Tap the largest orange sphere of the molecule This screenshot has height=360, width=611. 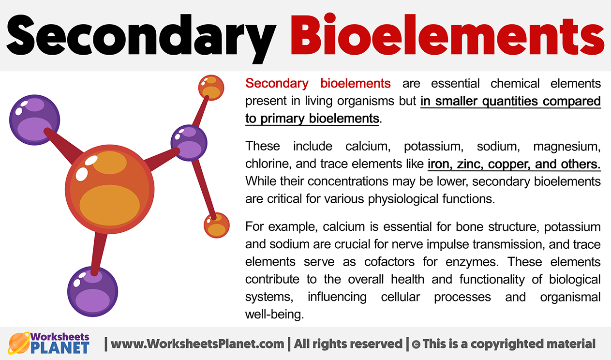click(109, 186)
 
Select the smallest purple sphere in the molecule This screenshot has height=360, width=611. click(189, 143)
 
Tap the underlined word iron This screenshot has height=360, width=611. click(438, 164)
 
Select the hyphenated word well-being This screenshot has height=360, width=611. click(274, 314)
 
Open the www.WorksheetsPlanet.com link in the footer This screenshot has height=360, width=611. click(197, 344)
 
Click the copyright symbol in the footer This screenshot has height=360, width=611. click(415, 345)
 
